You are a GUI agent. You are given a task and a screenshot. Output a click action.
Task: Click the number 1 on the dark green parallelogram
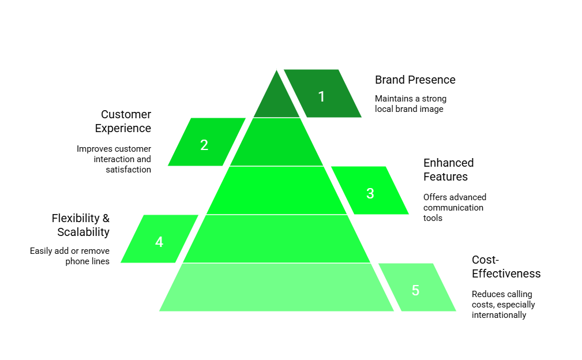(321, 96)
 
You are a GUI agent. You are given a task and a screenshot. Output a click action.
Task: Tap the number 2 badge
(204, 145)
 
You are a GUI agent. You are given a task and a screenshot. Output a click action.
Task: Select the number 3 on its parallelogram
(370, 193)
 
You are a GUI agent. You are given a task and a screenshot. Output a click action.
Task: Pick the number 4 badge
(159, 242)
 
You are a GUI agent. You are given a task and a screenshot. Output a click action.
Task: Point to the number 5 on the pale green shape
(415, 290)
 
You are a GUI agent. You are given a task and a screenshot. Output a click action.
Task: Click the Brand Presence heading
(415, 80)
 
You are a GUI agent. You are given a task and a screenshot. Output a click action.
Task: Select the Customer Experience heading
(123, 121)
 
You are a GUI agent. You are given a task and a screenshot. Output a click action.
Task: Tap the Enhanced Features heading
(448, 170)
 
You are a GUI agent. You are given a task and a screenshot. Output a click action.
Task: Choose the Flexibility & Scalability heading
(81, 225)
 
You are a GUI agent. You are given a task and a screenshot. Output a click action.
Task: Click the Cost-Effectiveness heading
(506, 267)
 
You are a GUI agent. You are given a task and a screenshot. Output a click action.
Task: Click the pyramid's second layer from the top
(277, 142)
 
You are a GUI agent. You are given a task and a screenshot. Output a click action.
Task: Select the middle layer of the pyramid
(277, 190)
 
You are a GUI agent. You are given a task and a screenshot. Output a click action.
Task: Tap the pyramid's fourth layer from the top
(277, 239)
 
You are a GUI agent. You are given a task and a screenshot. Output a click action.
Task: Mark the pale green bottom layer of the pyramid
(277, 287)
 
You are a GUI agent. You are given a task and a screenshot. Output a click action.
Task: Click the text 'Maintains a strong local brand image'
(410, 104)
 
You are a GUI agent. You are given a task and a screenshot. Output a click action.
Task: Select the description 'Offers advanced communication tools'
(454, 208)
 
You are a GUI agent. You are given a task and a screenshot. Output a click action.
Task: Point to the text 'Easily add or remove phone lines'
(70, 256)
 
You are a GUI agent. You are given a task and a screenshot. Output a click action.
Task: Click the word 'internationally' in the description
(499, 315)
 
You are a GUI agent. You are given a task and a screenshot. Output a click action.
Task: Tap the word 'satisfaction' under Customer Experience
(128, 170)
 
